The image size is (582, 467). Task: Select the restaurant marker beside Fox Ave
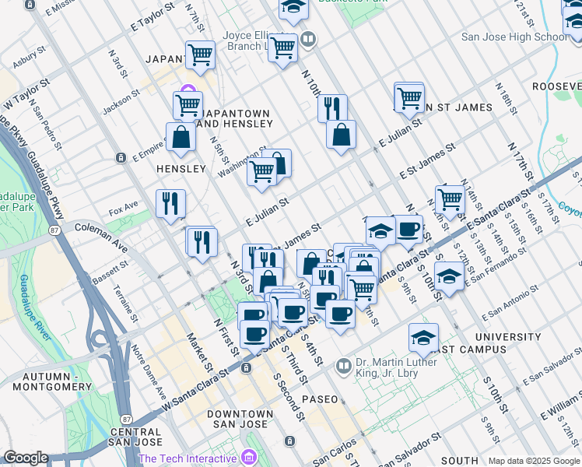[x=170, y=204]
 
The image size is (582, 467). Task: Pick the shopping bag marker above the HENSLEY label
[x=181, y=137]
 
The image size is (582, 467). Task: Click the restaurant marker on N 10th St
[x=332, y=107]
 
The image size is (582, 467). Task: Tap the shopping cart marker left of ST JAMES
[x=408, y=97]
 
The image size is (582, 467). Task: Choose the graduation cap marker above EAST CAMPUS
[x=423, y=338]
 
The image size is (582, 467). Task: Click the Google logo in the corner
[x=26, y=458]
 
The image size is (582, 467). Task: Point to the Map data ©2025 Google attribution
[x=533, y=461]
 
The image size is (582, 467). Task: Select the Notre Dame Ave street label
[x=149, y=367]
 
